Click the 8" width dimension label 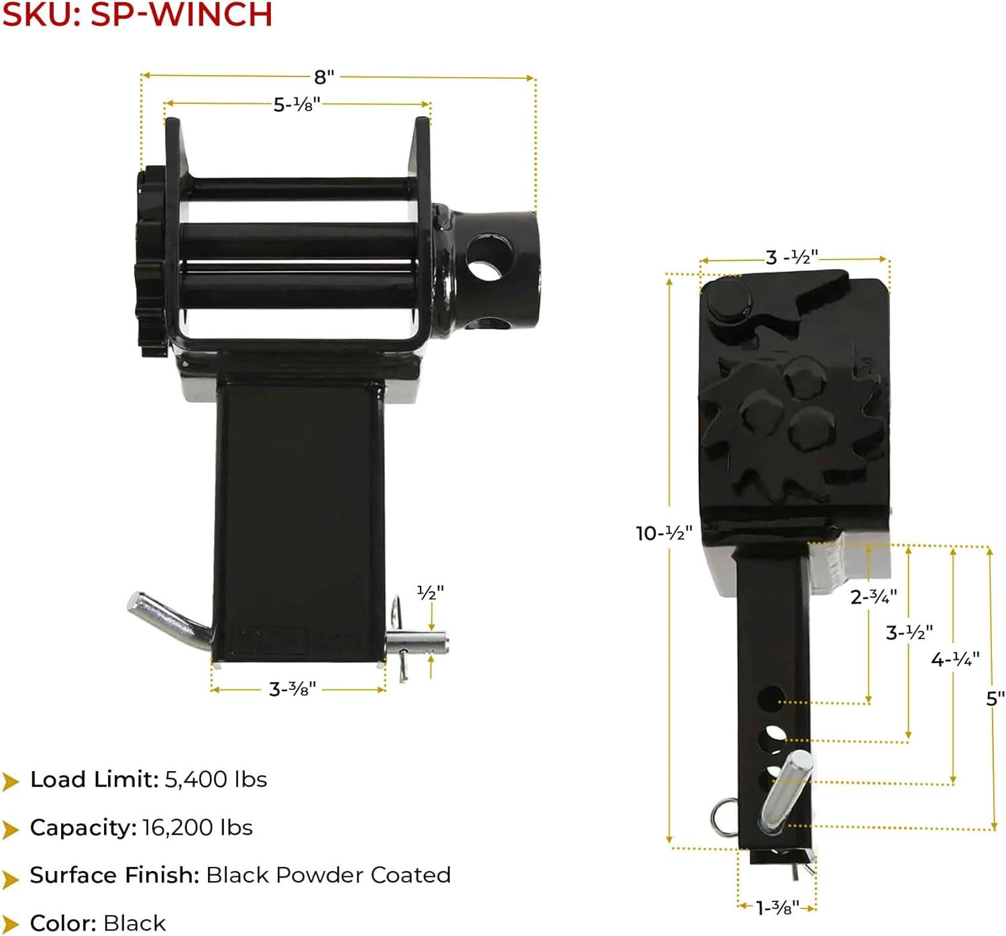(x=324, y=77)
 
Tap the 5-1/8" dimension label (x=297, y=105)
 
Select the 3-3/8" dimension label (x=292, y=689)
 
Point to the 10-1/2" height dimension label (x=664, y=533)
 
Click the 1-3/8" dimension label (x=777, y=908)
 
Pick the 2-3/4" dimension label (x=874, y=597)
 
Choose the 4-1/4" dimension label (x=955, y=660)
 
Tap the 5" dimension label (x=995, y=699)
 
